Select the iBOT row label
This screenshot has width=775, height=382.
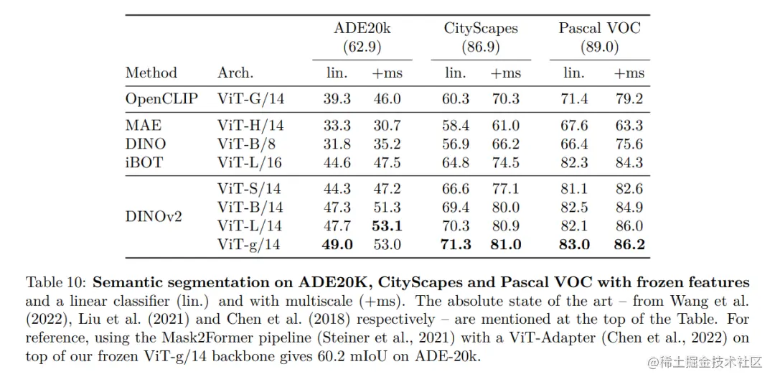[x=144, y=162]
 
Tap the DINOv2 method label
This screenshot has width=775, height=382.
[x=154, y=216]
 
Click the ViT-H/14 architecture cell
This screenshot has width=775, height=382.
[x=250, y=126]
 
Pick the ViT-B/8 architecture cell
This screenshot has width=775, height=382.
[x=246, y=144]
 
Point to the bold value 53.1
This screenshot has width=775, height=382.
[x=387, y=225]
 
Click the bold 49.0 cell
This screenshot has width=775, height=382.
[x=337, y=244]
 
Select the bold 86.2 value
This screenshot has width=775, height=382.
[x=629, y=244]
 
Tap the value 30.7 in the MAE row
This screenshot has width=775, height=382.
[x=387, y=126]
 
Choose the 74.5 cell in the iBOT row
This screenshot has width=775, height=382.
[x=505, y=162]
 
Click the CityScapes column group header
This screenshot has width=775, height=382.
[x=481, y=29]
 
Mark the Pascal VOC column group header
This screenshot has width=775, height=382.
[x=600, y=29]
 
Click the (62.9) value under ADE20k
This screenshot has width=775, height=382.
[x=362, y=47]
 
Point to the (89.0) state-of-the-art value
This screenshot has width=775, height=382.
[x=600, y=47]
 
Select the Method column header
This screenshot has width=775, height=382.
[x=151, y=73]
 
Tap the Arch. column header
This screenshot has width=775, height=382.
[x=235, y=73]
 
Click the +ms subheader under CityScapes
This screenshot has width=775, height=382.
[x=505, y=73]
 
